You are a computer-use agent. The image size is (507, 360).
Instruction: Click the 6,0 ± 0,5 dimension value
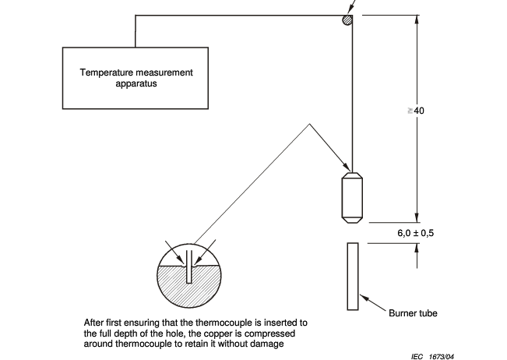405,232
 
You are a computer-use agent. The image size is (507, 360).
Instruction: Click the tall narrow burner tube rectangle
353,275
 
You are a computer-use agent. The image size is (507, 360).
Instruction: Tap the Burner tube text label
414,313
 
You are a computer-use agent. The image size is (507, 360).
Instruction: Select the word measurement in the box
161,72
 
